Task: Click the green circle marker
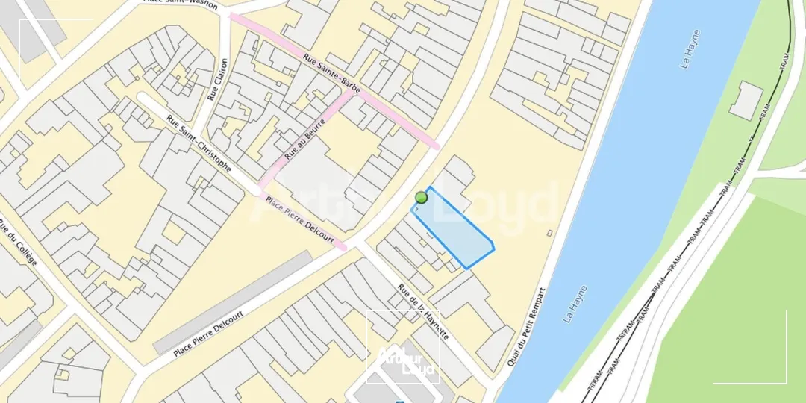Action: click(421, 197)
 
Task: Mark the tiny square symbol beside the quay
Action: click(550, 234)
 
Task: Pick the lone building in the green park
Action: click(746, 101)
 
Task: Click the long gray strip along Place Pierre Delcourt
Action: click(232, 302)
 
